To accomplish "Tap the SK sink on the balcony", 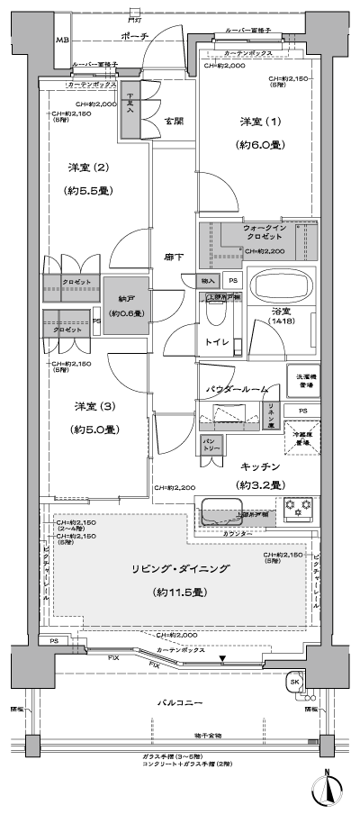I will click(295, 681).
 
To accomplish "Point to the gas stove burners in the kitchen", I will click(296, 509).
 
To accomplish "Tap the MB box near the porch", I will click(62, 41).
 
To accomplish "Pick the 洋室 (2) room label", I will click(88, 167).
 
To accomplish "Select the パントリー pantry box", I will click(211, 446).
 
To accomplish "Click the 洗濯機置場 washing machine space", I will click(301, 380).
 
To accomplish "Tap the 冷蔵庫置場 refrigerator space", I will click(300, 437).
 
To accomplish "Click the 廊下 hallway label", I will click(175, 258).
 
